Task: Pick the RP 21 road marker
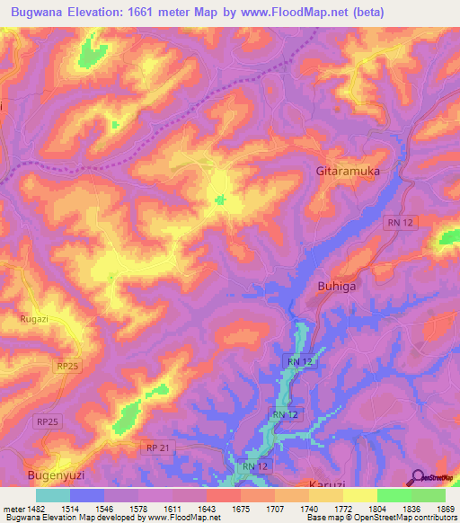click(158, 447)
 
